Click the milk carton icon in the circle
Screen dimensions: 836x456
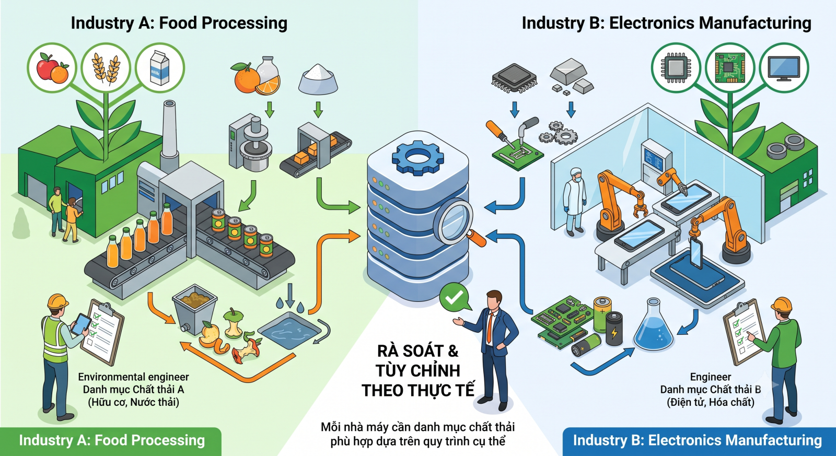159,68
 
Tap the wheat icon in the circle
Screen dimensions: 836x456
107,68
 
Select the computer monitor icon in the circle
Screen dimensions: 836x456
784,68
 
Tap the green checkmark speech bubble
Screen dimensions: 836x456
454,297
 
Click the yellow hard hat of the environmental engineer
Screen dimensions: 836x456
57,301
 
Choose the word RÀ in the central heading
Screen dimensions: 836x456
390,351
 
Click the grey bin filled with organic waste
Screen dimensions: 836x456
194,309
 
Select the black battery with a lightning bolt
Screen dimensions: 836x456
614,328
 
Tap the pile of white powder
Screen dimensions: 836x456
318,79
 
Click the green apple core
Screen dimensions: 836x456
234,323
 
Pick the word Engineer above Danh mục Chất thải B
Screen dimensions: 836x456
710,377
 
